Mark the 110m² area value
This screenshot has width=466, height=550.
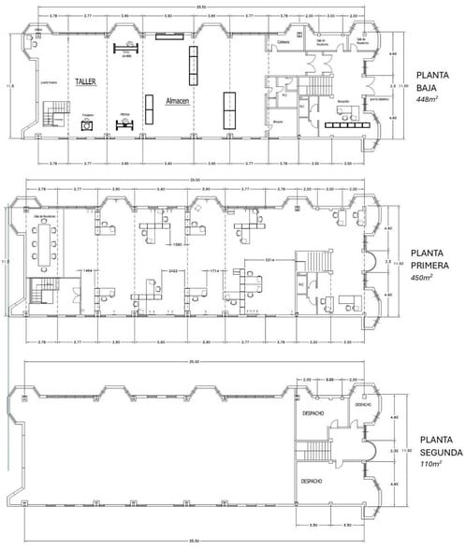click(x=431, y=463)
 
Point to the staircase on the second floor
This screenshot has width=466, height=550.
click(x=328, y=440)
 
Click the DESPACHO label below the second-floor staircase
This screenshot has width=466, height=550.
click(x=312, y=482)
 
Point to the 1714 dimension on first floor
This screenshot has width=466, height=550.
click(x=213, y=271)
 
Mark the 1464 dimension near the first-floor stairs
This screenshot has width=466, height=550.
click(x=86, y=270)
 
